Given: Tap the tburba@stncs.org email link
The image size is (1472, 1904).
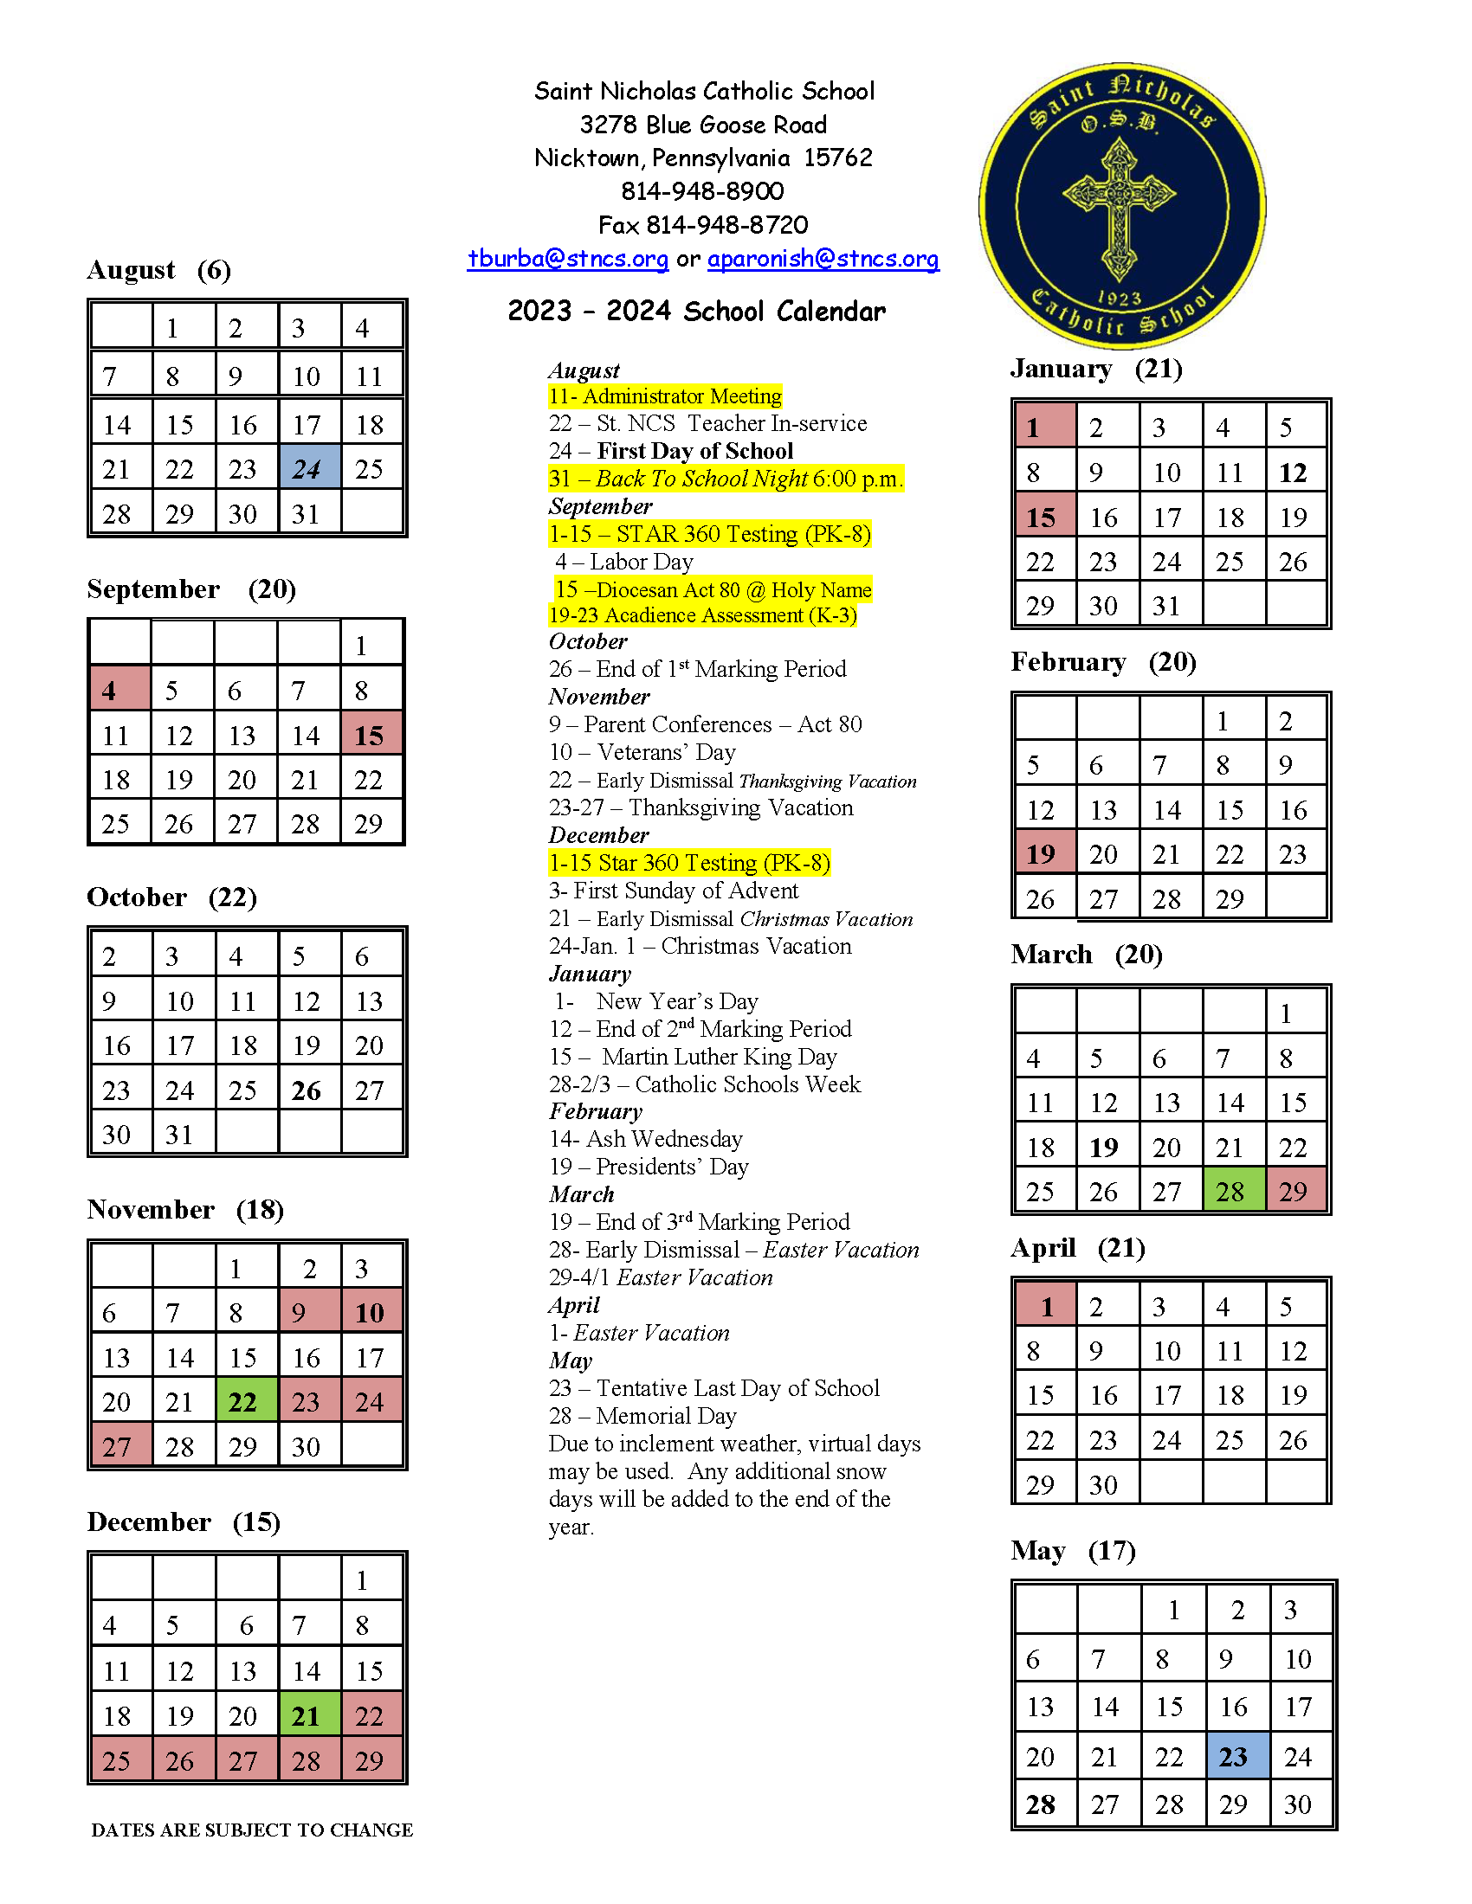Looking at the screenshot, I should pos(568,259).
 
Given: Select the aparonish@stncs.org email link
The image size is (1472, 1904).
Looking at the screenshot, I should pos(823,259).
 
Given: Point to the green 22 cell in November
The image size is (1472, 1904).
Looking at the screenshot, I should pos(246,1401).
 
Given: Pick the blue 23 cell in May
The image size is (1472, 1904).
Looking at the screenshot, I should pos(1236,1756).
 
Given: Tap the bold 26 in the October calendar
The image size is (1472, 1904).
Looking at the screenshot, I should pos(307,1090).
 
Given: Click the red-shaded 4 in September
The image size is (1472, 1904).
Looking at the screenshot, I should pos(119,690).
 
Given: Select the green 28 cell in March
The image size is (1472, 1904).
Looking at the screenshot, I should pos(1233,1190).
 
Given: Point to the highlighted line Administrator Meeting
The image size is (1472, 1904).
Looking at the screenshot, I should pos(665,396).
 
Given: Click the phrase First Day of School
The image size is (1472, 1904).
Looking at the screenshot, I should pos(695,451).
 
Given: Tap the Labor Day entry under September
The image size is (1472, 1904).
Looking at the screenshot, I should pos(624,562).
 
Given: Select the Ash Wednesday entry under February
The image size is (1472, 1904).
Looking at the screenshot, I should pos(646,1139).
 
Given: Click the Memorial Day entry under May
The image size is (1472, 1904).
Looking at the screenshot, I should pos(642,1416).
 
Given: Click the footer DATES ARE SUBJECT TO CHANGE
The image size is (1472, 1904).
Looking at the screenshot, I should pos(252,1830).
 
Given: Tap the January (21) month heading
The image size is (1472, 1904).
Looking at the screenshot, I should pos(1096,369).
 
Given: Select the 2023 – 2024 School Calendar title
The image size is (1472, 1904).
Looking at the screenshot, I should pos(696,312).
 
